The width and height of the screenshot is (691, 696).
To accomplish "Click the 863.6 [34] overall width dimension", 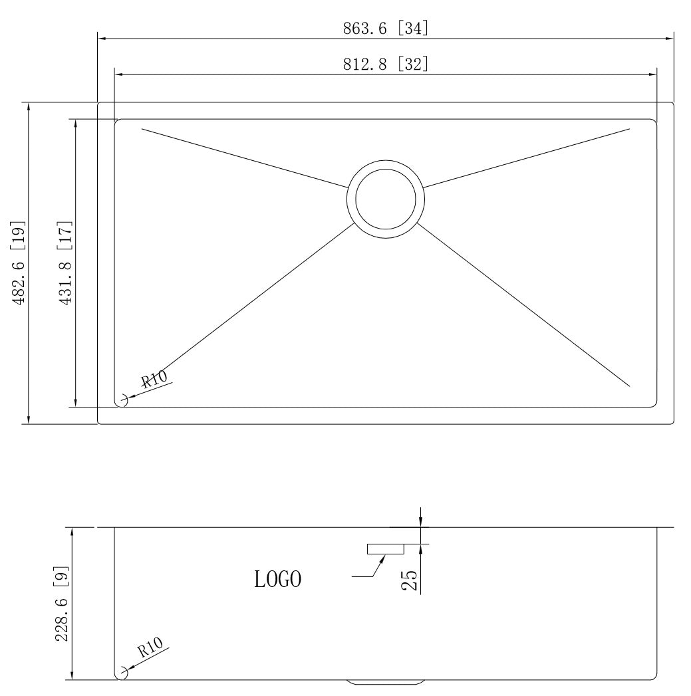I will [385, 28].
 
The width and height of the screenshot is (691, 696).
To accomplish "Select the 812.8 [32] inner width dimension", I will [385, 64].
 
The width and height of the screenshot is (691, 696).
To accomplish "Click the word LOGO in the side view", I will [278, 579].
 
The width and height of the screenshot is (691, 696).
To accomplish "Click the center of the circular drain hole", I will [385, 199].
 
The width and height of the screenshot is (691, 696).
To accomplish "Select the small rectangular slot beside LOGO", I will [385, 548].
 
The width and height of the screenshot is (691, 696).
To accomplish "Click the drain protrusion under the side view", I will [385, 682].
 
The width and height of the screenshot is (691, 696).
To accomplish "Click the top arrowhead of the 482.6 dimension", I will [29, 107].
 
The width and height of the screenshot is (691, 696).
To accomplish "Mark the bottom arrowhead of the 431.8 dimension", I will [76, 402].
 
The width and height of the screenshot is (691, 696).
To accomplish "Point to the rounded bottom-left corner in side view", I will [120, 675].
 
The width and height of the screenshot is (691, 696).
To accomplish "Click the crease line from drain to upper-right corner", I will [525, 158].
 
